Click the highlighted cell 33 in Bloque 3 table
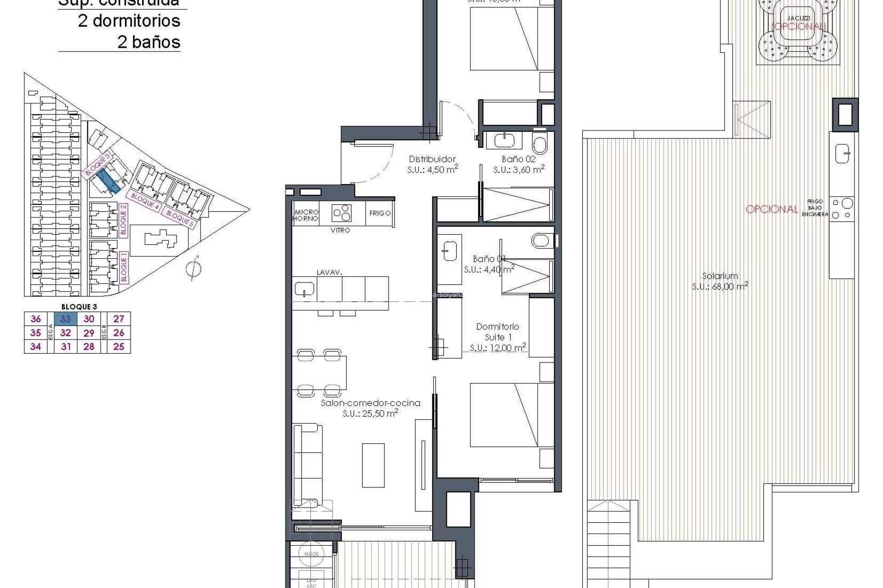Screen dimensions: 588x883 [66, 319]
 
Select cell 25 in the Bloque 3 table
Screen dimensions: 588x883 [119, 347]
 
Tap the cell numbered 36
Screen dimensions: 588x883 [35, 319]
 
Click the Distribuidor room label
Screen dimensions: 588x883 [432, 159]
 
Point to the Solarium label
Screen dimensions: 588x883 [720, 276]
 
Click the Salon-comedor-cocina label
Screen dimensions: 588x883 [370, 403]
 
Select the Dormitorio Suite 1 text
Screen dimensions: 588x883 [497, 332]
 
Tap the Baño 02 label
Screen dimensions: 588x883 [518, 159]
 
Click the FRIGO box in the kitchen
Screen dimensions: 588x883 [380, 213]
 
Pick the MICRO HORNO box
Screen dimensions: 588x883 [306, 215]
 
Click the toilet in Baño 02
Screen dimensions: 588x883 [540, 144]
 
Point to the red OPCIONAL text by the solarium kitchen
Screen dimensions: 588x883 [772, 209]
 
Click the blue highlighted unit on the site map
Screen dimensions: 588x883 [109, 180]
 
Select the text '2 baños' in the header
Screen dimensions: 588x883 [149, 42]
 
